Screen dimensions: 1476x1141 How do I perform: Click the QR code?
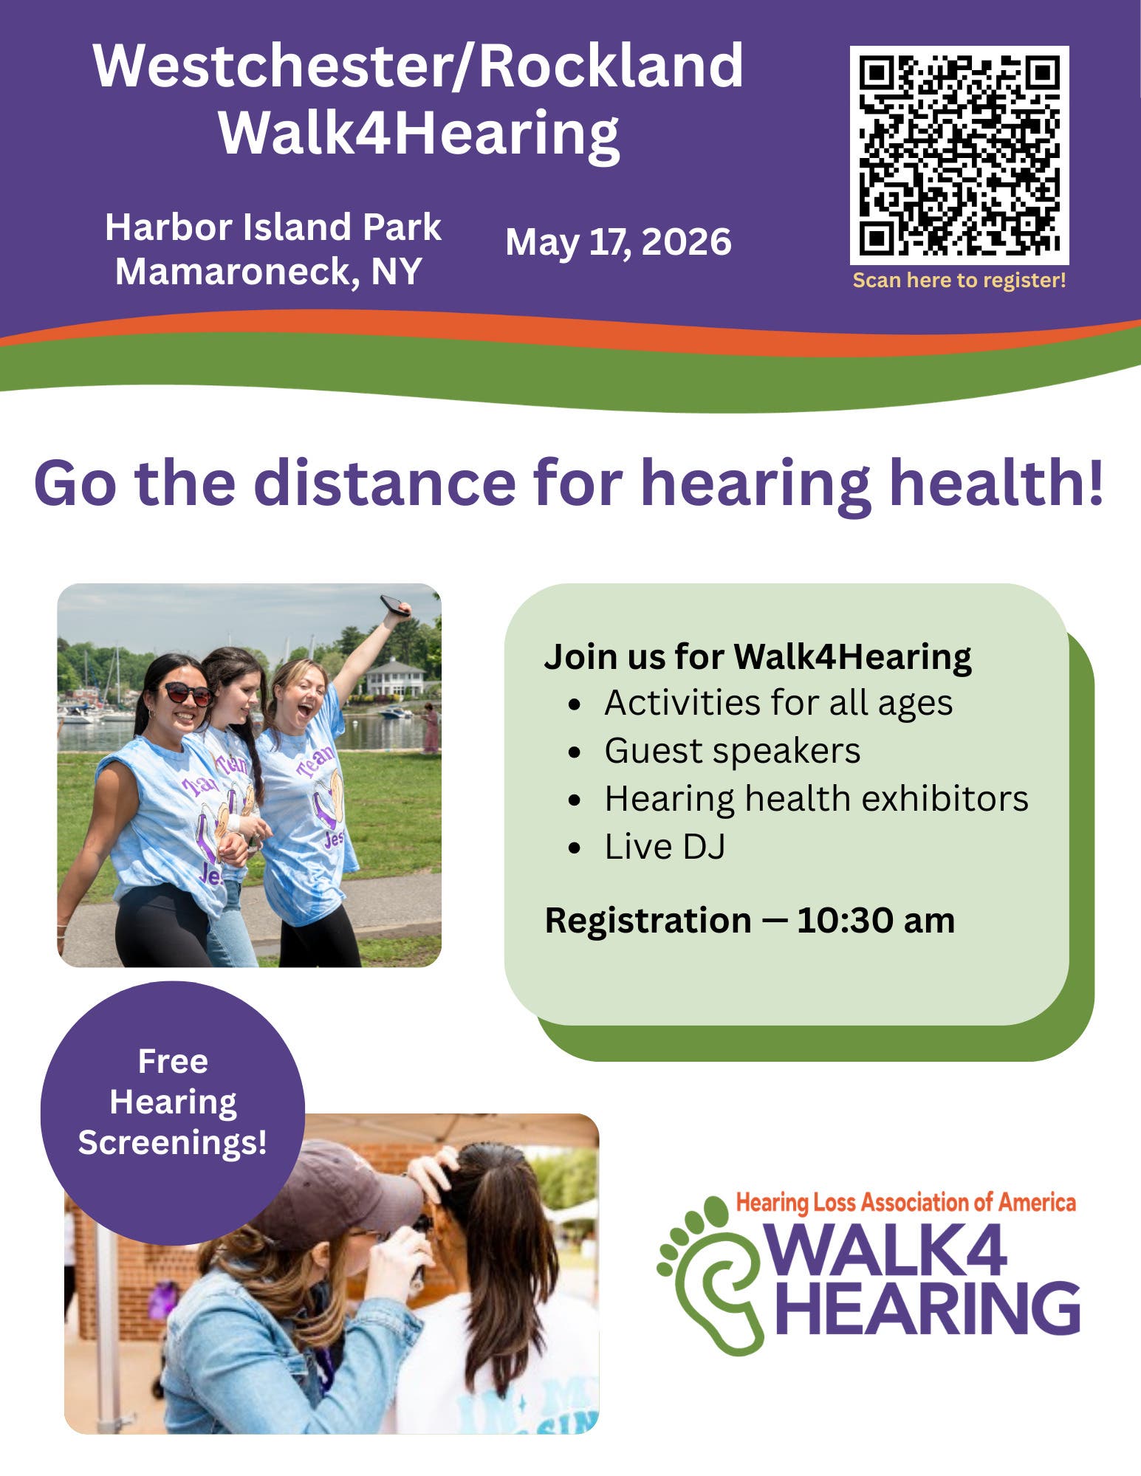pyautogui.click(x=959, y=155)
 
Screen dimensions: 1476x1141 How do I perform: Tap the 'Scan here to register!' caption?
pyautogui.click(x=959, y=281)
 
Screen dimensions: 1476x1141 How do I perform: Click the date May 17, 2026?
pyautogui.click(x=618, y=242)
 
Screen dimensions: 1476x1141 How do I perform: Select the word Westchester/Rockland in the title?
pyautogui.click(x=418, y=66)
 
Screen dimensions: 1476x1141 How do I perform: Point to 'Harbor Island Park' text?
pyautogui.click(x=273, y=227)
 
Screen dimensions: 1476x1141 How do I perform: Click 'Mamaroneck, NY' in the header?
pyautogui.click(x=268, y=272)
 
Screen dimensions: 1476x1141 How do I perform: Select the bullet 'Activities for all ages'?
pyautogui.click(x=778, y=703)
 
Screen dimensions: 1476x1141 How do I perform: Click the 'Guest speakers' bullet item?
pyautogui.click(x=732, y=751)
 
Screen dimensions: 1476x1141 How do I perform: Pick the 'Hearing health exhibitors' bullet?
pyautogui.click(x=816, y=799)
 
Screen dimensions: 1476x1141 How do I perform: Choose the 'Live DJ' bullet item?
pyautogui.click(x=665, y=847)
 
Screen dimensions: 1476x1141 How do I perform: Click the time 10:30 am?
pyautogui.click(x=875, y=921)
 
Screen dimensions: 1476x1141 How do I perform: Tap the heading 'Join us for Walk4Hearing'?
pyautogui.click(x=757, y=656)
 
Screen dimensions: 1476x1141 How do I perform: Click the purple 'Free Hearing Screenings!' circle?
pyautogui.click(x=172, y=1102)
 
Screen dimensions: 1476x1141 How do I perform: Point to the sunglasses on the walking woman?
pyautogui.click(x=187, y=693)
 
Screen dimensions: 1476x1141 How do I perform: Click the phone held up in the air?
pyautogui.click(x=395, y=606)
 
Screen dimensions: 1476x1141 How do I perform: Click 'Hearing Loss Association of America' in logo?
pyautogui.click(x=905, y=1203)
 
